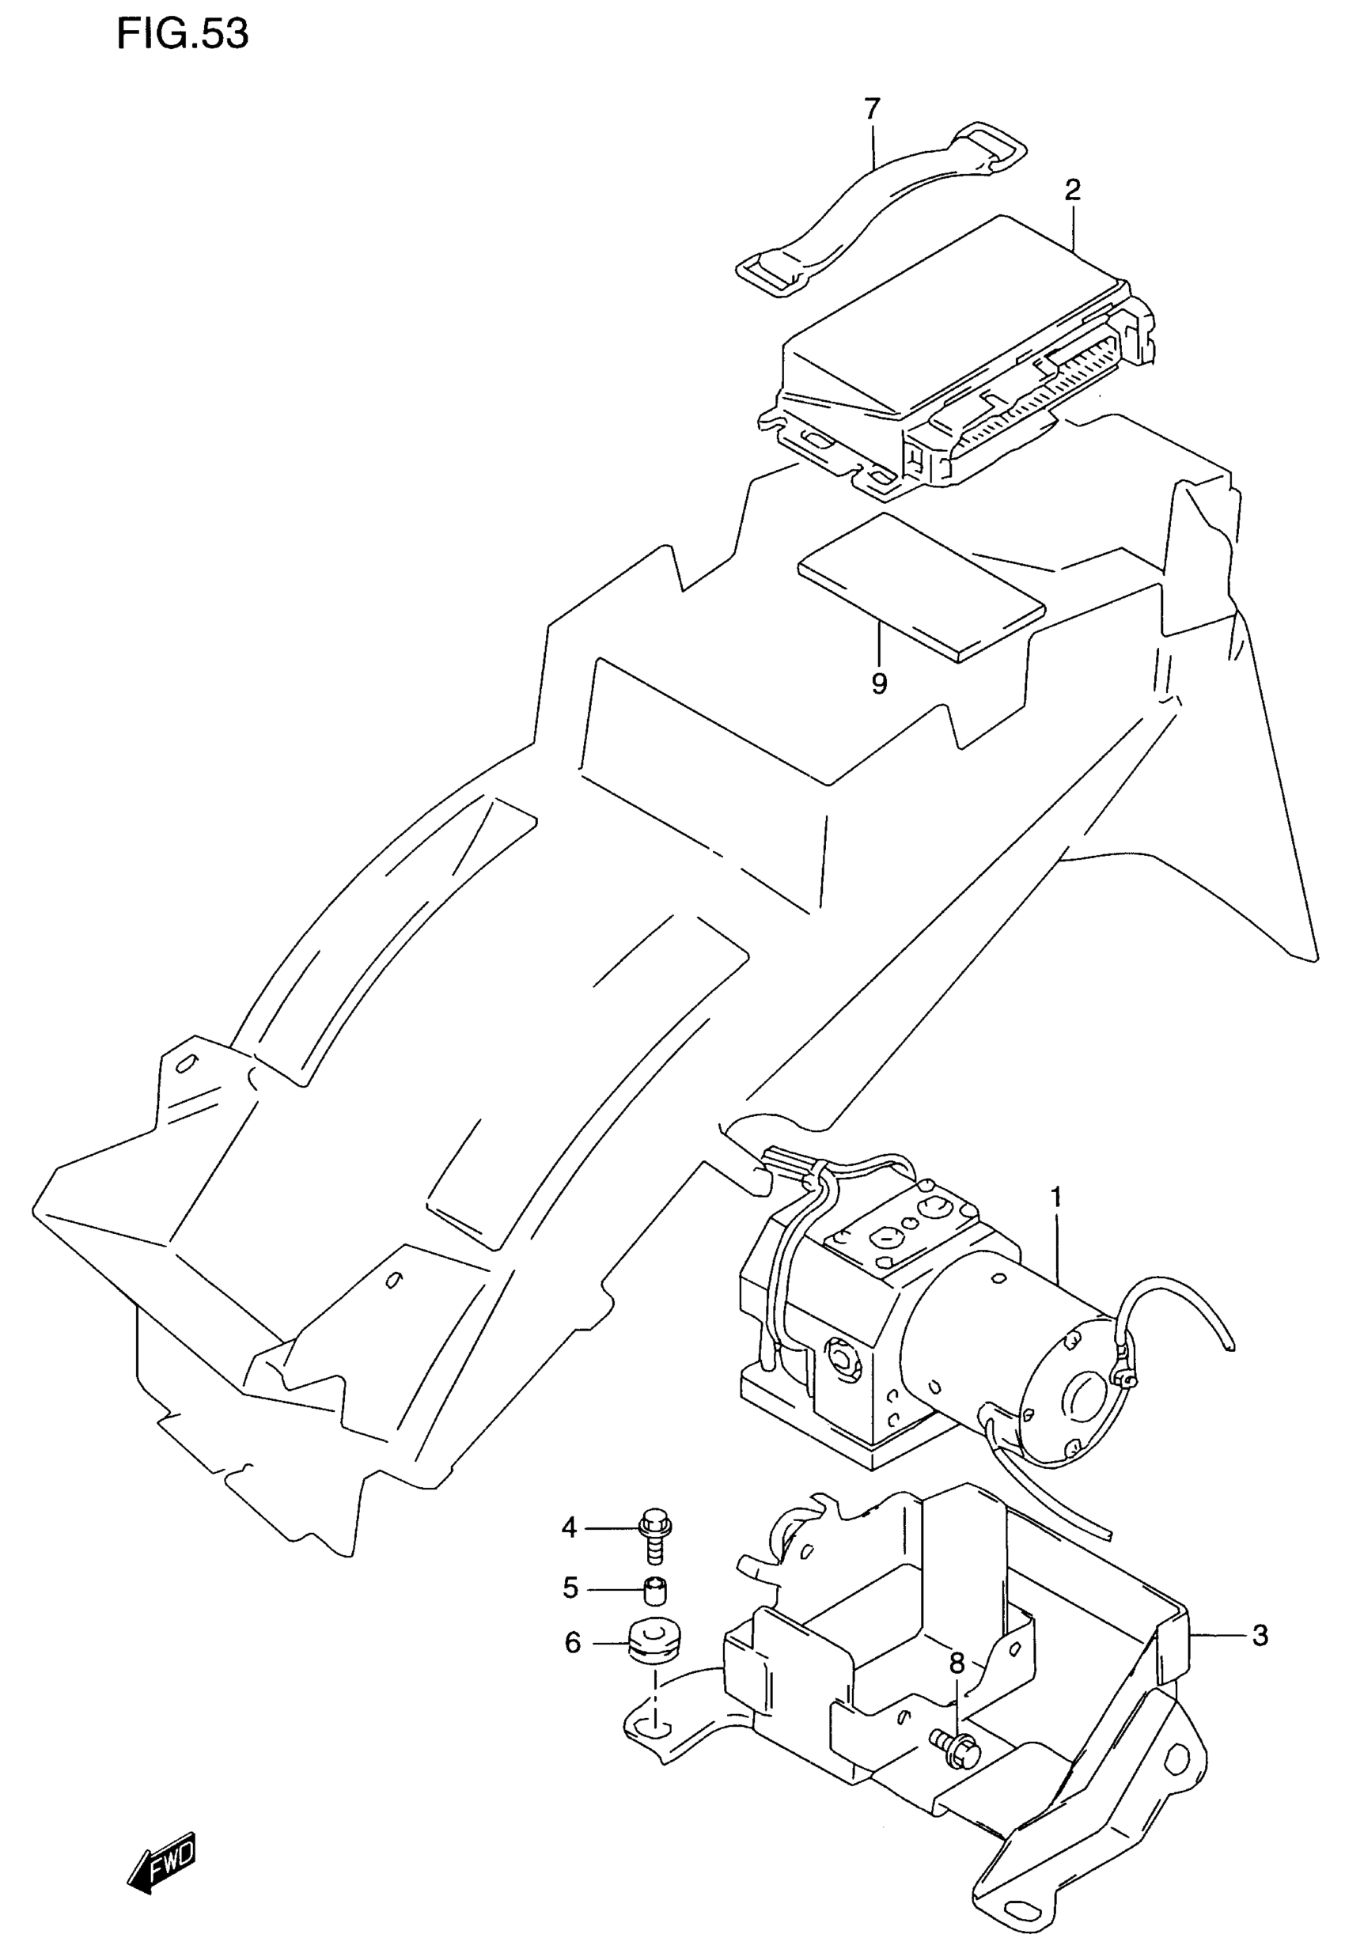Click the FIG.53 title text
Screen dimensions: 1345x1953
(183, 35)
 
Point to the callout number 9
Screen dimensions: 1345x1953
(879, 683)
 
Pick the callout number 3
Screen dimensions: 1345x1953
(1260, 1637)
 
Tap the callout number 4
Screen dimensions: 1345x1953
(570, 1527)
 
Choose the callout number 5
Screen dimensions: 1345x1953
(570, 1589)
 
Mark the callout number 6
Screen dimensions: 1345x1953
(572, 1643)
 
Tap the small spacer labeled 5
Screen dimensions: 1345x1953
(655, 1592)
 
